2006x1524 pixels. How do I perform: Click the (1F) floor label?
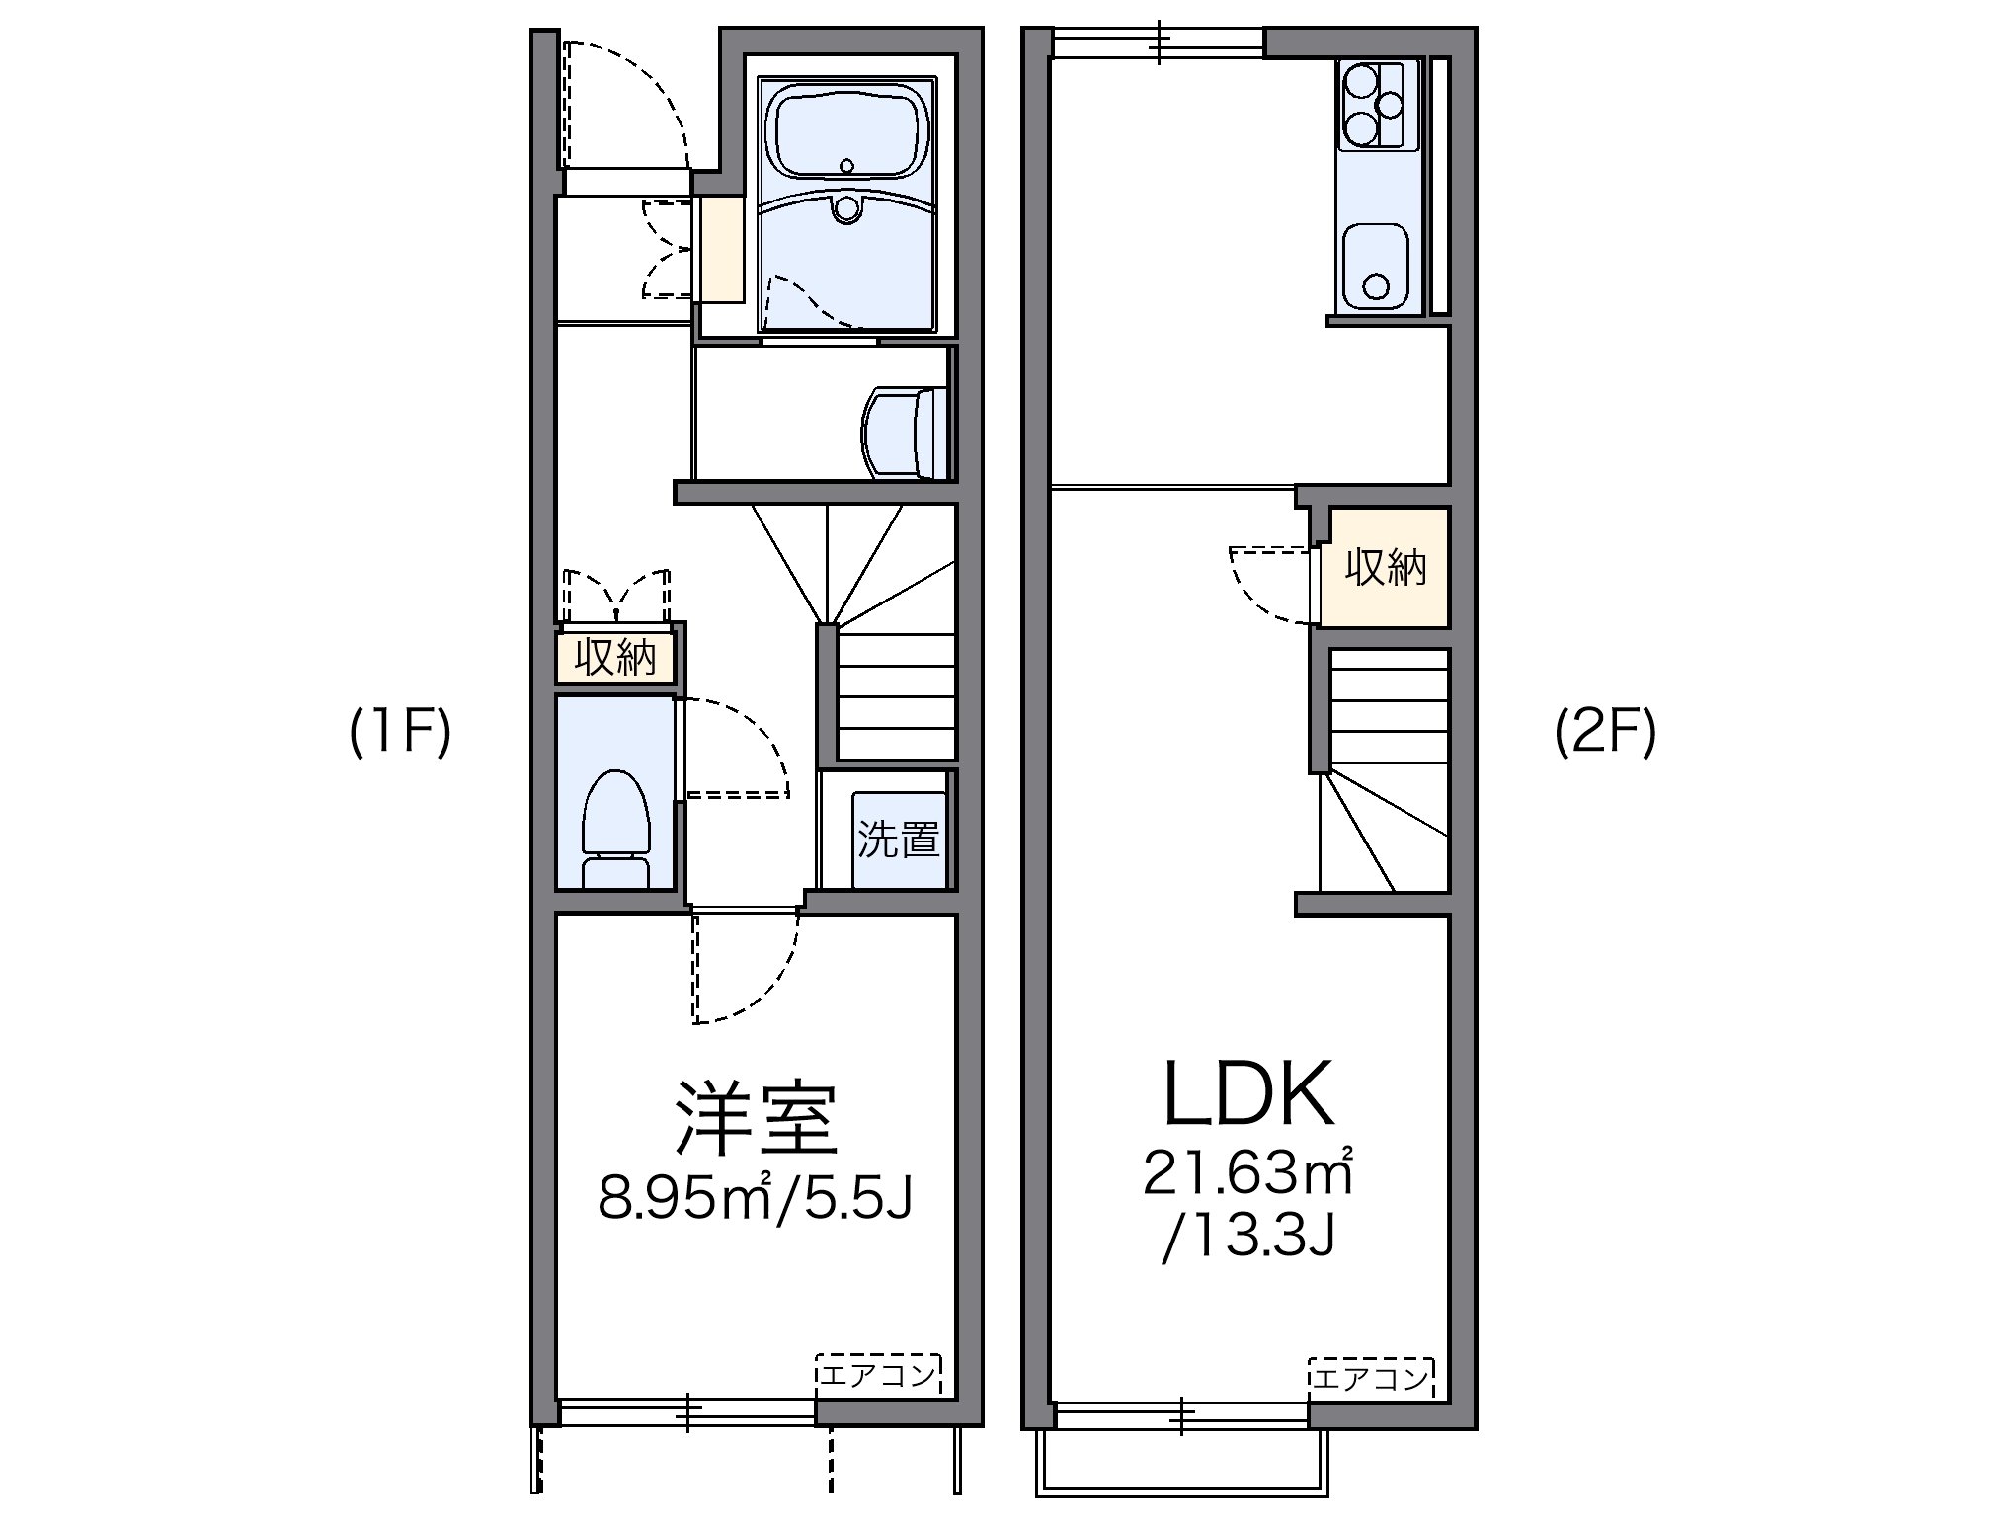400,735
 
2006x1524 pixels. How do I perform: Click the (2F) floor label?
1605,735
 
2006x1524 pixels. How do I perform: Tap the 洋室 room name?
756,1120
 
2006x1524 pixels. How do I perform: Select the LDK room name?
1248,1094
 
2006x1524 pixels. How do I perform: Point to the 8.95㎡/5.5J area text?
755,1199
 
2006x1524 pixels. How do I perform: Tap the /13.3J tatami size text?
1248,1235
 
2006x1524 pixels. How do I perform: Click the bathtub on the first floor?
846,133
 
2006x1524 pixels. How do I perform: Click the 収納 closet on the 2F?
1385,568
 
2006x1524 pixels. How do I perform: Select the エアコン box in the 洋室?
878,1374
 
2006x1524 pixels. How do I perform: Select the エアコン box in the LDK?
1370,1376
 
